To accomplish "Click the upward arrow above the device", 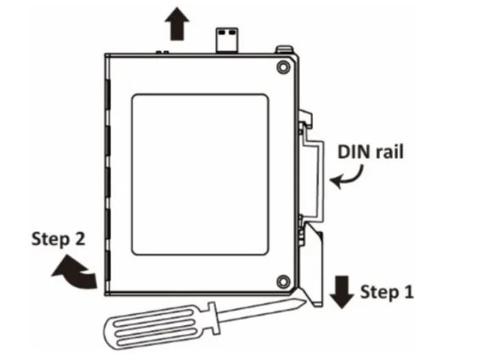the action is pos(177,24).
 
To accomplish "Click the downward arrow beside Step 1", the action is pos(342,292).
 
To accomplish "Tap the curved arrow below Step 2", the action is pos(77,273).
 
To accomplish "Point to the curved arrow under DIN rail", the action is pos(348,178).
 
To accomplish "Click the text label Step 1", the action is pos(387,293).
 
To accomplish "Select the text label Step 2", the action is pos(59,239).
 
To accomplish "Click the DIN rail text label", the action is pos(370,152).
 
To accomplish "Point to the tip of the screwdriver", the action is pos(304,302).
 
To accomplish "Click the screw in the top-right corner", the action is pos(283,67).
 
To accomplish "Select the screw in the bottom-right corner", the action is pos(283,281).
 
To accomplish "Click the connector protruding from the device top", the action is pos(227,40).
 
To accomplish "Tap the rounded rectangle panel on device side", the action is pos(200,174).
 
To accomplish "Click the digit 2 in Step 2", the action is pos(79,238).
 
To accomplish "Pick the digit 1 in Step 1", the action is pos(408,292).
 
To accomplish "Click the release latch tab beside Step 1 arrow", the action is pos(311,265).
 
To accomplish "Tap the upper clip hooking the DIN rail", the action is pos(305,119).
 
